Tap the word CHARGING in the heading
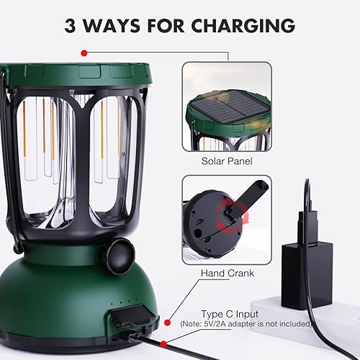tap(243, 26)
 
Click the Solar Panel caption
tap(226, 161)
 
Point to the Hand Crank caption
tap(226, 274)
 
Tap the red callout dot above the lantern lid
tap(84, 53)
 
